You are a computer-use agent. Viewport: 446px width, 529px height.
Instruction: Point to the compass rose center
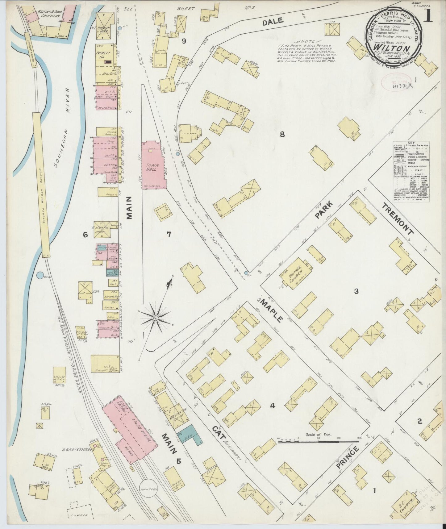[156, 318]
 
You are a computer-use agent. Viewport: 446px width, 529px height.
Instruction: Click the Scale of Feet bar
[318, 442]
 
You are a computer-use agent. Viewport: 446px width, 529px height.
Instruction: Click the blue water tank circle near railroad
[40, 275]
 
